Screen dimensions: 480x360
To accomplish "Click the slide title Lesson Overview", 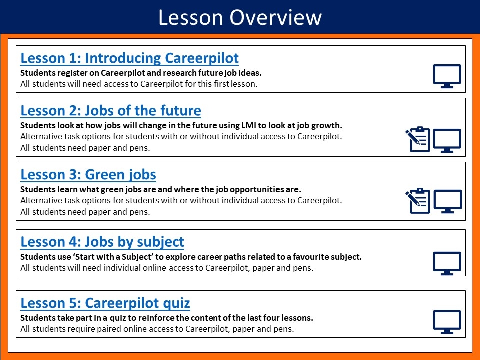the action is (240, 17).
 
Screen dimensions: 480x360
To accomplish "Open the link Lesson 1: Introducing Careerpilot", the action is (129, 58).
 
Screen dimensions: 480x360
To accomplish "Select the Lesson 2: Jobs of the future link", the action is (111, 111).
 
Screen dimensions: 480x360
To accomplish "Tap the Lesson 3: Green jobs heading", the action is (88, 175).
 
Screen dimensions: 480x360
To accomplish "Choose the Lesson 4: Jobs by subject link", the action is (102, 242).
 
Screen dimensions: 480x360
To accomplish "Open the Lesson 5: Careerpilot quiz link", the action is (105, 303).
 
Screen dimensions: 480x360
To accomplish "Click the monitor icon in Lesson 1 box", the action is (447, 76).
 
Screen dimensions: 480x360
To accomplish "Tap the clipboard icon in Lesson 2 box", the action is (418, 139).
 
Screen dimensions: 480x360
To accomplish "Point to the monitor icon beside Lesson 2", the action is (447, 141).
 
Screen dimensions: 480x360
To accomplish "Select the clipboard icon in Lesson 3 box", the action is (418, 201).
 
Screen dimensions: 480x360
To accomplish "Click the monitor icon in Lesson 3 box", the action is (448, 201).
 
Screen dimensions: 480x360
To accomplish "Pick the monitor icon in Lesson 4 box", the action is (447, 263).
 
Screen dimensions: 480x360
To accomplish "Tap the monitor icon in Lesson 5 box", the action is (447, 322).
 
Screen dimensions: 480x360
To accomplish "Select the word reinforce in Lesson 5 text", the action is (156, 318).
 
